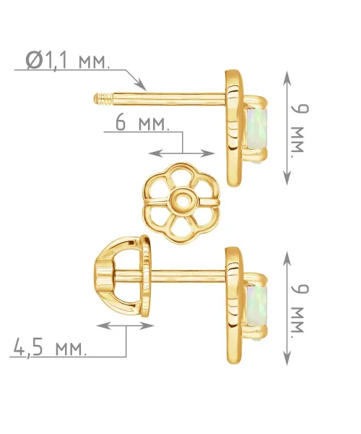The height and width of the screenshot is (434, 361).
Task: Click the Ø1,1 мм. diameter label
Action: coord(68,60)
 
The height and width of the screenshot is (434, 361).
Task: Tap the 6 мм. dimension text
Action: coord(142,123)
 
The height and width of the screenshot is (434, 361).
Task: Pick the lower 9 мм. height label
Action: coord(300,309)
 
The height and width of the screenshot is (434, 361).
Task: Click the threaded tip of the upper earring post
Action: coord(103,99)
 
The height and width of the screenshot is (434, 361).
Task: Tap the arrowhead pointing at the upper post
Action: coord(141,85)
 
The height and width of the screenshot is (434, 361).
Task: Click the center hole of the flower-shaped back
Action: coord(182,199)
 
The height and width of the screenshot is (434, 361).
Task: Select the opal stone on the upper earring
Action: coord(257,129)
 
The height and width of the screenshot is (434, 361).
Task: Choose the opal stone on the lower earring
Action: coord(257,306)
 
